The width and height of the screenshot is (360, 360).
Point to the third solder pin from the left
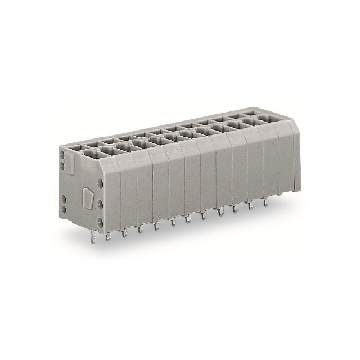tap(124, 232)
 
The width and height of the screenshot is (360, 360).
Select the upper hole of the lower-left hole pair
tap(63, 199)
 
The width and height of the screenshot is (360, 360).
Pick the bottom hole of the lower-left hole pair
tap(64, 209)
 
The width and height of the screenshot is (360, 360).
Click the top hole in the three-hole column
tap(100, 183)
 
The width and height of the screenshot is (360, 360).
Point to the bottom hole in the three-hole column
tap(100, 223)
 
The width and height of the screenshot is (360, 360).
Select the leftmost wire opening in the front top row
tap(90, 152)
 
